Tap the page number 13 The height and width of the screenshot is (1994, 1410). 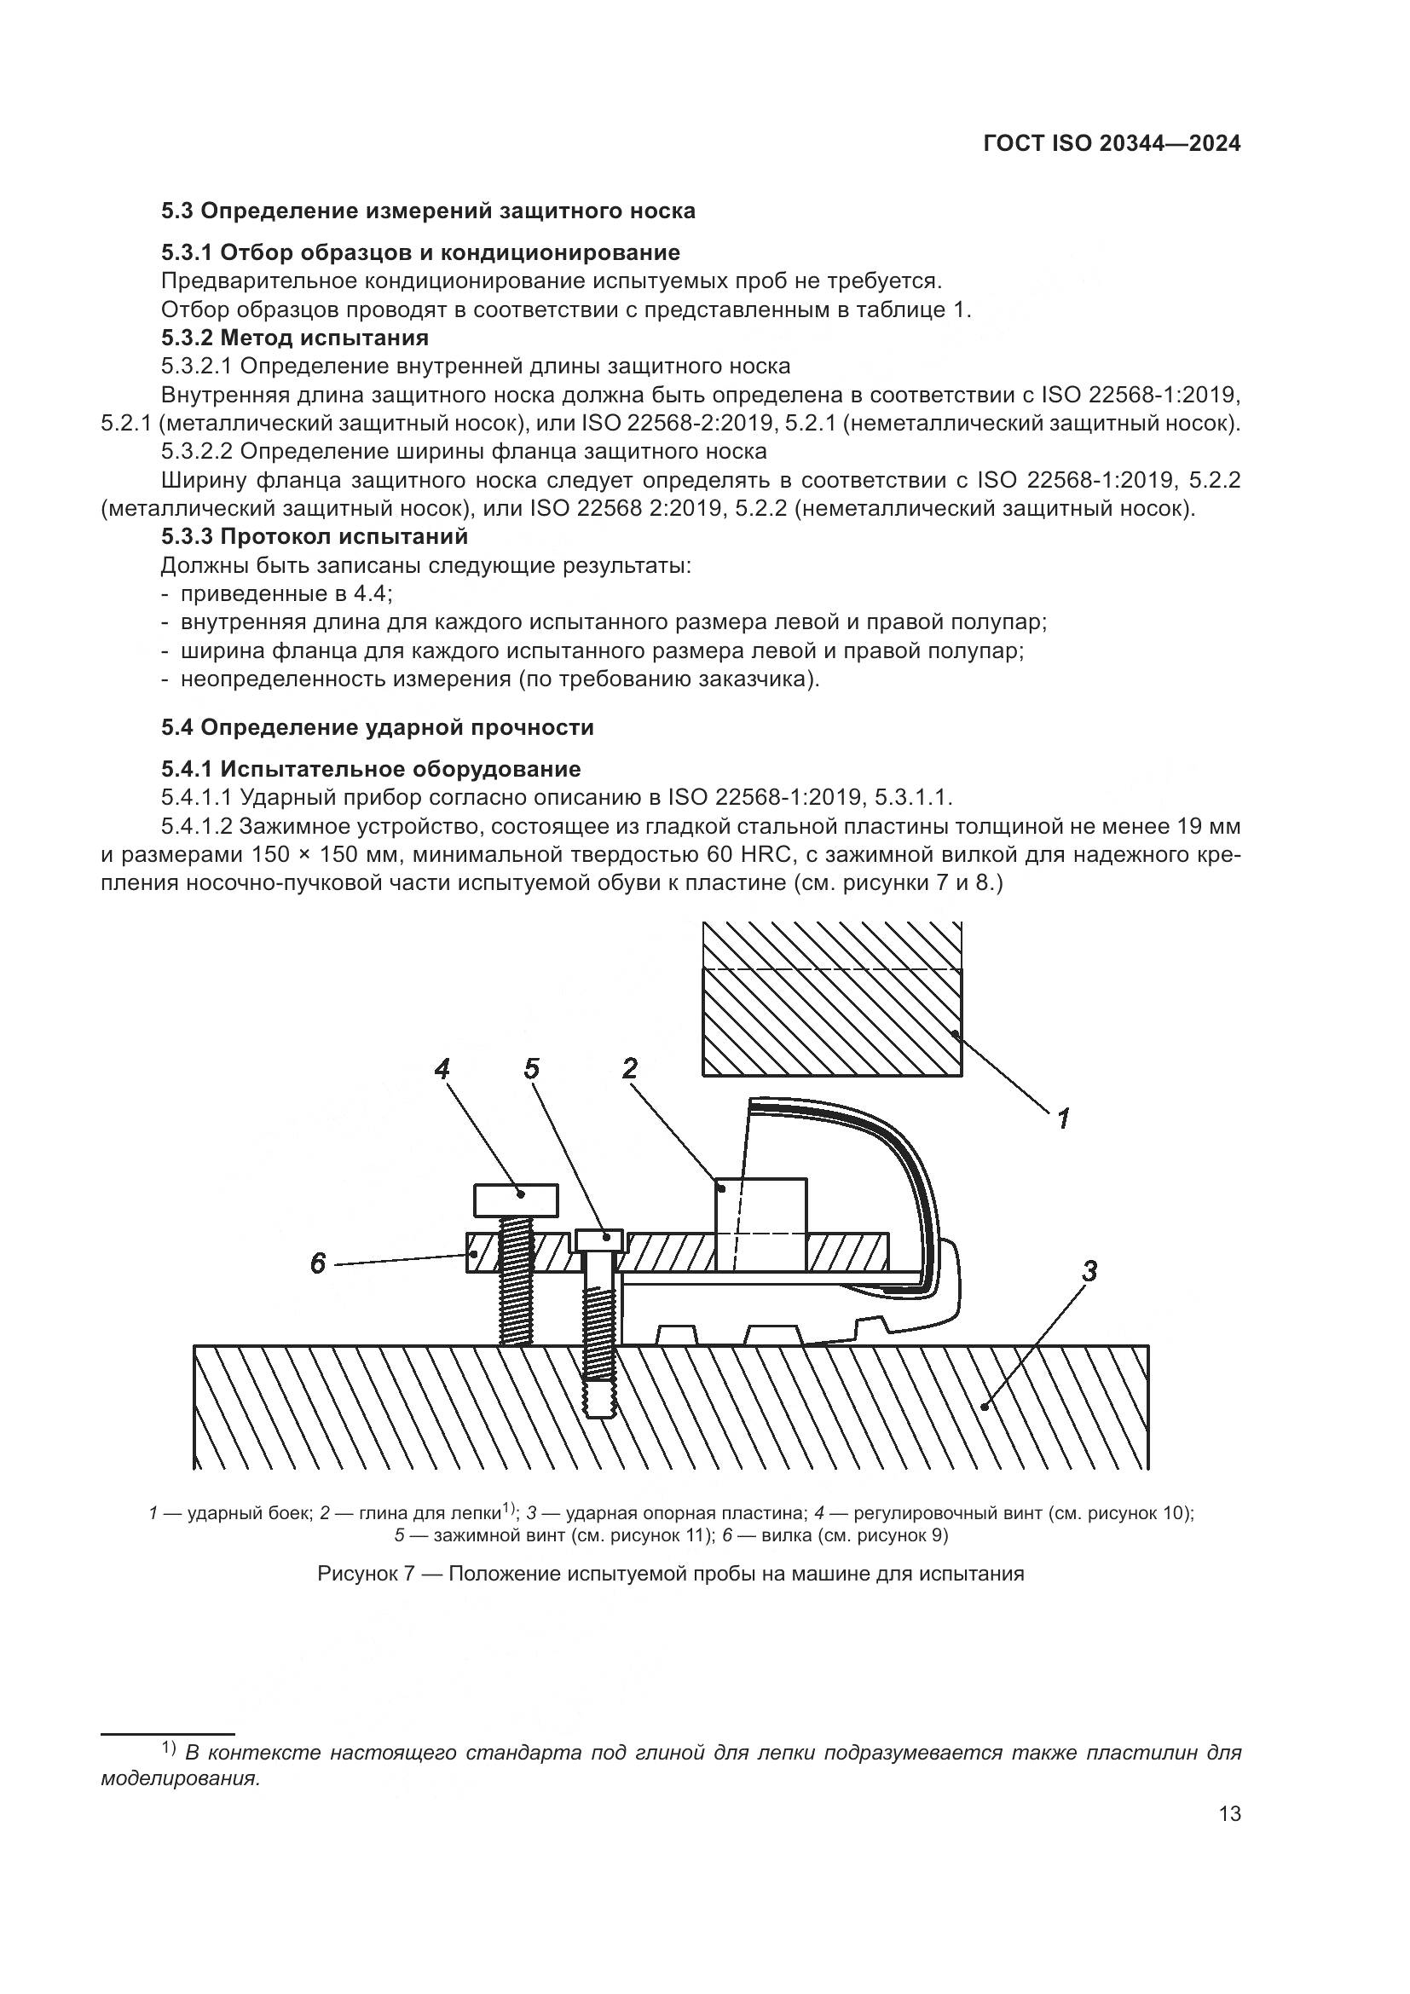click(x=1229, y=1814)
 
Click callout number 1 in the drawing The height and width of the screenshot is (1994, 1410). click(x=1063, y=1118)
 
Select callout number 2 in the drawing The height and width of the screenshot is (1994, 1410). click(x=630, y=1068)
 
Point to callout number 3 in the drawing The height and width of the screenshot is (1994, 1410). click(x=1089, y=1271)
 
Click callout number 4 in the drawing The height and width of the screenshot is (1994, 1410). click(x=442, y=1068)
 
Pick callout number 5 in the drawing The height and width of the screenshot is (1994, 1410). click(x=531, y=1068)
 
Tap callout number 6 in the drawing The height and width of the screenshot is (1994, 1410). click(x=318, y=1263)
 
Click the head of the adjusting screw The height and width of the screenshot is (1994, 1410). click(x=516, y=1199)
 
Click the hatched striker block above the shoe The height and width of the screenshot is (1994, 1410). click(x=832, y=1008)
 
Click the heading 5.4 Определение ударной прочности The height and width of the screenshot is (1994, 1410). click(x=378, y=728)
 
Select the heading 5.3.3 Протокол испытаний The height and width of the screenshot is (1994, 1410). click(x=315, y=537)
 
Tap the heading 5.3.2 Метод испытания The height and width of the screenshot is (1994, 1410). click(x=295, y=337)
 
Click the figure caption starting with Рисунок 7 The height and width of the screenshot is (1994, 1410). click(x=670, y=1574)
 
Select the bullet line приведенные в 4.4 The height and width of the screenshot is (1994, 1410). click(x=286, y=594)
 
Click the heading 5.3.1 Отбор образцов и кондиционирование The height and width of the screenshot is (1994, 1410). click(x=420, y=252)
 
